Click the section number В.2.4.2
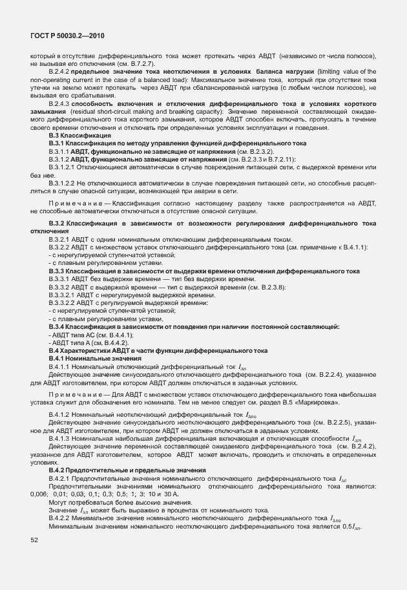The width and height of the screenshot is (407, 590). point(59,69)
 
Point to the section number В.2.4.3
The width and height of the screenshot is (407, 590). point(59,103)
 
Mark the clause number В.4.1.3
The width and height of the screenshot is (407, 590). point(59,439)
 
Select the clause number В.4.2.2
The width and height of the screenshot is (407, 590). point(59,518)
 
